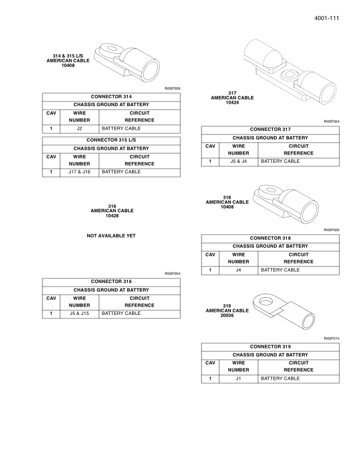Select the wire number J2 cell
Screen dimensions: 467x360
point(80,129)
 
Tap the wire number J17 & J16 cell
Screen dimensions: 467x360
point(80,172)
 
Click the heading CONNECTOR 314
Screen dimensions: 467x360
point(111,96)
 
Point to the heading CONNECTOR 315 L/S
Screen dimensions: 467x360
point(111,140)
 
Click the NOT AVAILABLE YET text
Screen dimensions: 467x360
point(111,236)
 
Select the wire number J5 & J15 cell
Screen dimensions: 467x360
point(80,314)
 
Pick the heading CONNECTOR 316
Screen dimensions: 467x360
point(111,281)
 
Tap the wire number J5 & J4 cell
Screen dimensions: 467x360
point(239,161)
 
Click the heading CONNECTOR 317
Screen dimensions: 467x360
point(270,129)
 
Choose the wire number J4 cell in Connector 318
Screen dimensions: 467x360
point(239,270)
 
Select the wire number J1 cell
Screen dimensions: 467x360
point(239,379)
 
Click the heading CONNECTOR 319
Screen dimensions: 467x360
point(270,346)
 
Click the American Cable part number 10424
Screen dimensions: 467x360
point(232,102)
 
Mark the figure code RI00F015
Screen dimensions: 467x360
point(332,338)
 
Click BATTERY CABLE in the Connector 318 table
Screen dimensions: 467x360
point(280,270)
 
